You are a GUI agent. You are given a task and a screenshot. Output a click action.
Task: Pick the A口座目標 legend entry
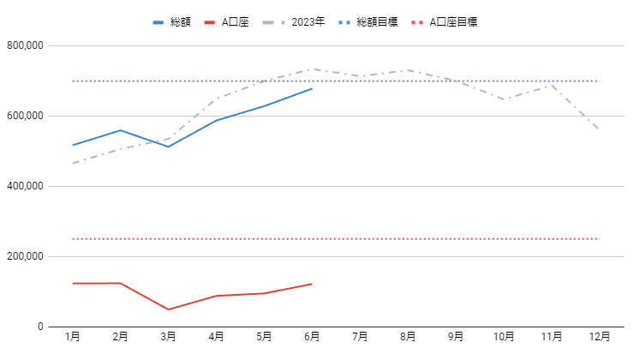[453, 21]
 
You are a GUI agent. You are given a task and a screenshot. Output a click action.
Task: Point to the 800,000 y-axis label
[25, 45]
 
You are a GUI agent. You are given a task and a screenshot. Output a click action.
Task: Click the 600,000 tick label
[25, 116]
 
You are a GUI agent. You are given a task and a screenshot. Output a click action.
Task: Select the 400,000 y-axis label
[25, 186]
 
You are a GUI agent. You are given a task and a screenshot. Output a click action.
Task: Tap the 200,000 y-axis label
[25, 256]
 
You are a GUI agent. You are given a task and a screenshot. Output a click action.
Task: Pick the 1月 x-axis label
[73, 336]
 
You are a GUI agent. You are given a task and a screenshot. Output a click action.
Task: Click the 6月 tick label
[312, 336]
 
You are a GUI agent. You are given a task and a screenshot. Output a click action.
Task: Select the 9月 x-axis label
[456, 336]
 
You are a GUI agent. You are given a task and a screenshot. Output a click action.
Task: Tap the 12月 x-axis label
[600, 336]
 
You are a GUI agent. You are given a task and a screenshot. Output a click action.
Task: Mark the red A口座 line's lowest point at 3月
[169, 309]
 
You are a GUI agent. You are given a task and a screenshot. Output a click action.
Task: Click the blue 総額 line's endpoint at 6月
[312, 88]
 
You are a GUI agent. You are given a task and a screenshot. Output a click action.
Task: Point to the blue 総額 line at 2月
[121, 130]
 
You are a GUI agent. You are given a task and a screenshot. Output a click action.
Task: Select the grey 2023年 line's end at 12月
[599, 130]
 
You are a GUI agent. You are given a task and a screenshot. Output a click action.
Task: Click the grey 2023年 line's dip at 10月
[504, 99]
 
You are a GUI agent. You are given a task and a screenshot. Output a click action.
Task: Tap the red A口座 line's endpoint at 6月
[312, 284]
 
